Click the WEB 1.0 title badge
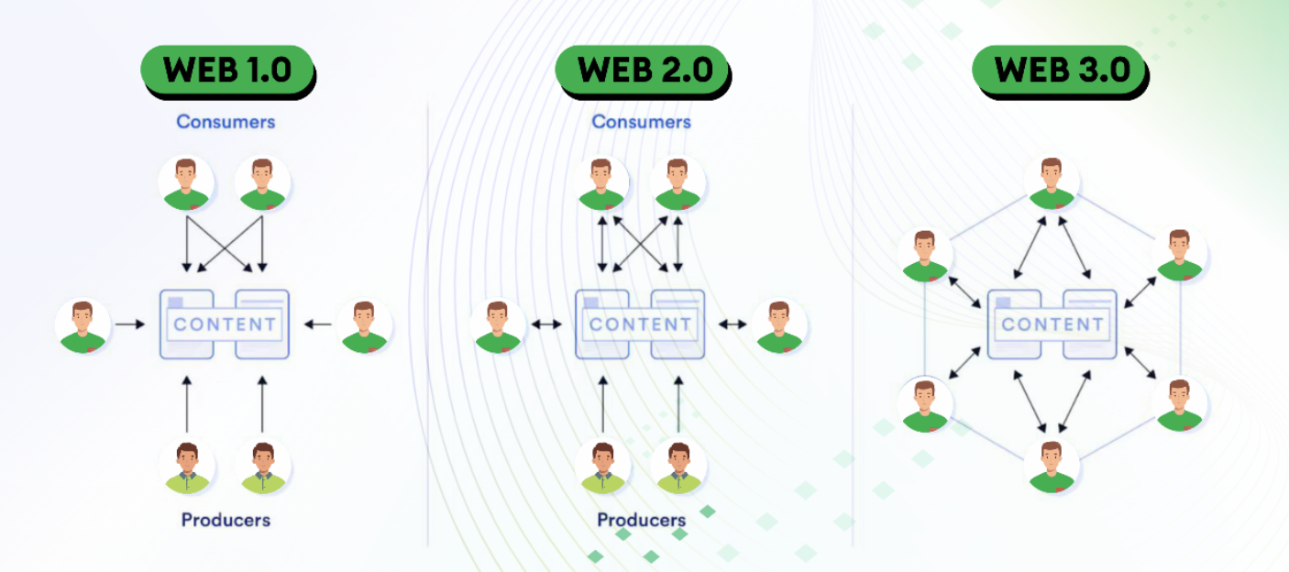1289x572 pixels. coord(226,70)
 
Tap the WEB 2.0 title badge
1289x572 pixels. coord(642,70)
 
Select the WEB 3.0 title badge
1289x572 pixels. coord(1060,70)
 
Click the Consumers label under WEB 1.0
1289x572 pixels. coord(226,121)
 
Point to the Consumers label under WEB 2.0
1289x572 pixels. coord(641,121)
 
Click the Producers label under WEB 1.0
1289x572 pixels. coord(226,520)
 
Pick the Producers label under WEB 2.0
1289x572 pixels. coord(641,520)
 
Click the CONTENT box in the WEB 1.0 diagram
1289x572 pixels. coord(225,324)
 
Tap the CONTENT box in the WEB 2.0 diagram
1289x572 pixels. coord(640,324)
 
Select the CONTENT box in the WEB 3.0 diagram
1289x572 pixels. coord(1052,324)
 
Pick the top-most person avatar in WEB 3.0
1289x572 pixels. coord(1051,183)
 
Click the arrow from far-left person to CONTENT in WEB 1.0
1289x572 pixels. coord(130,324)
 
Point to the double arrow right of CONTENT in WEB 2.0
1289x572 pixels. coord(732,324)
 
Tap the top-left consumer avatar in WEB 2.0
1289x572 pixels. coord(601,183)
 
